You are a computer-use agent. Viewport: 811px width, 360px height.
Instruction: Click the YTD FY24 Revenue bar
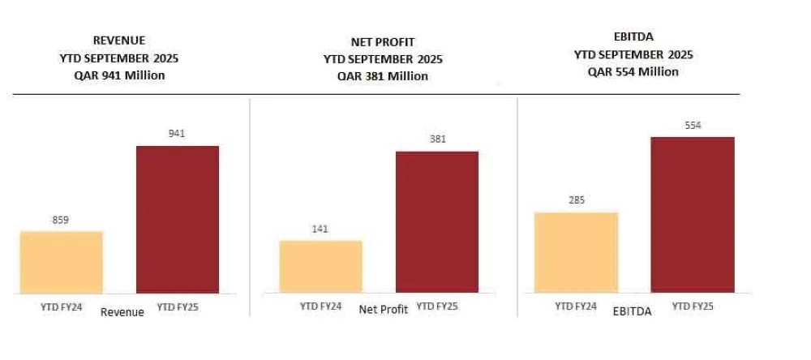[62, 261]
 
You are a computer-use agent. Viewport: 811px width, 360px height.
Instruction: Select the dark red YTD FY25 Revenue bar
[178, 219]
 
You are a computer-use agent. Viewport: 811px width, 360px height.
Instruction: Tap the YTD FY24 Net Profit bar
[320, 266]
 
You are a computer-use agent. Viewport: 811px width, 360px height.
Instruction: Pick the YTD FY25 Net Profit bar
[437, 221]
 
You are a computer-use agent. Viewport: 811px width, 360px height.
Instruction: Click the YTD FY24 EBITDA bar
[576, 252]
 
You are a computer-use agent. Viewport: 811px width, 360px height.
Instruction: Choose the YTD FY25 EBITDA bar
[693, 214]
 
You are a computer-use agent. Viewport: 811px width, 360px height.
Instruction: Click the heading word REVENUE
[119, 39]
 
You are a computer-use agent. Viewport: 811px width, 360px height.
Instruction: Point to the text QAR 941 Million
[119, 75]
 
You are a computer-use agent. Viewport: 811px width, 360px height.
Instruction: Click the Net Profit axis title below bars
[383, 310]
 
